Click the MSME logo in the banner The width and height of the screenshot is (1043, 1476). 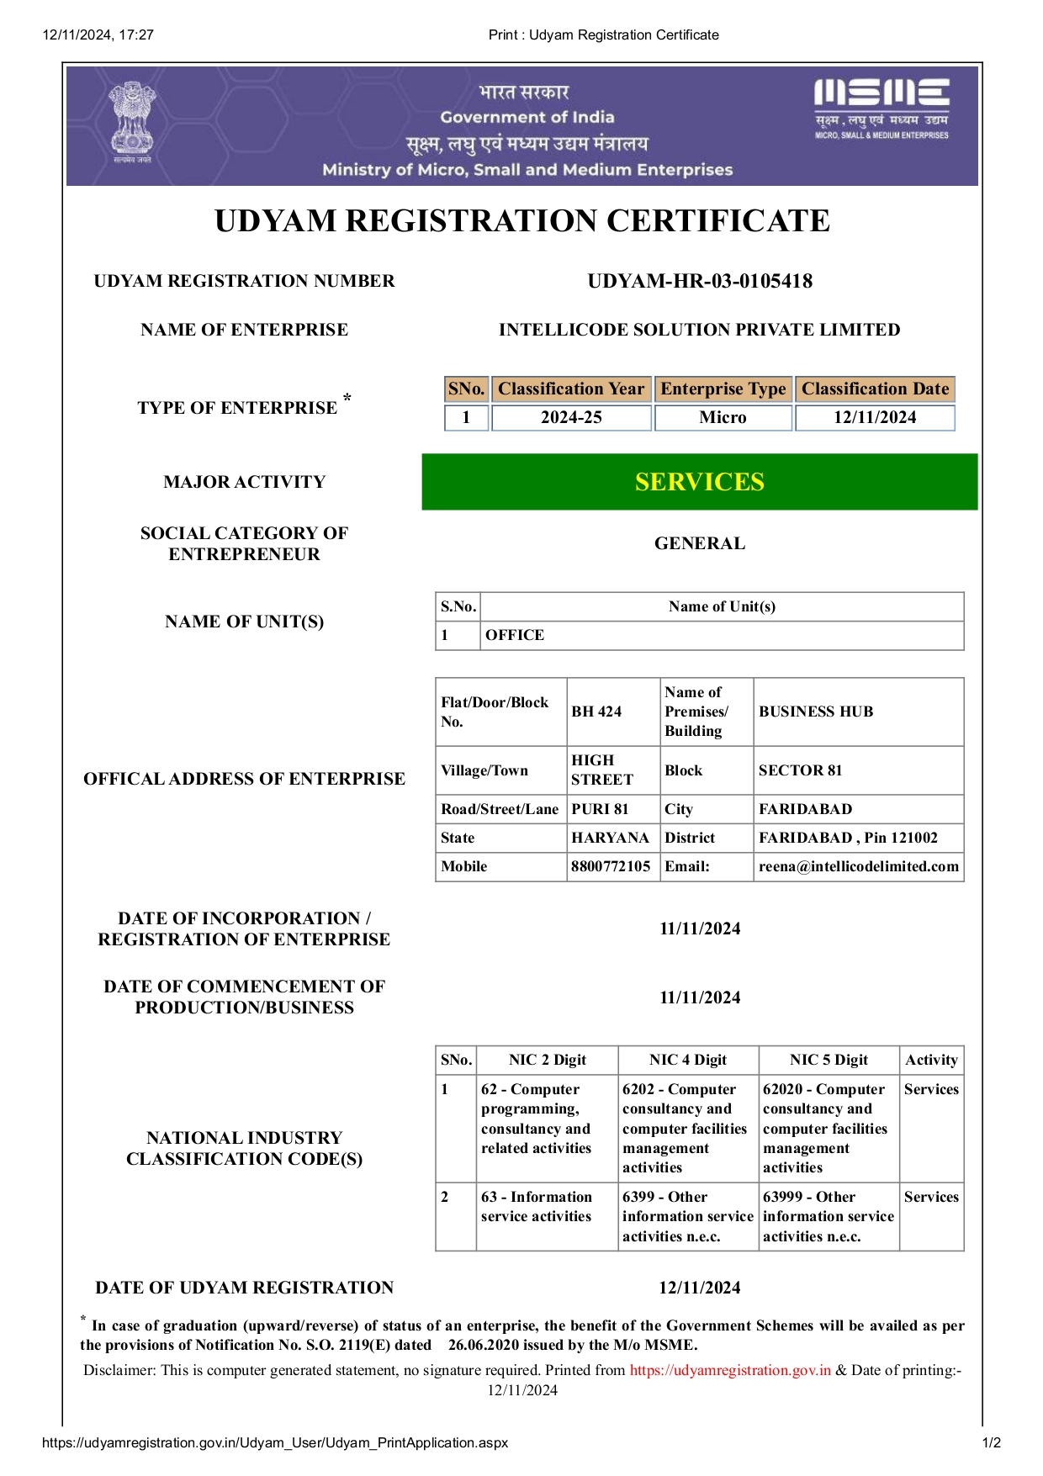[881, 108]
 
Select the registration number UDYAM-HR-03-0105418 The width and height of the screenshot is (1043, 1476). [700, 281]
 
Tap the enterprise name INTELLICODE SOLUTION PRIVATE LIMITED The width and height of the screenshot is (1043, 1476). [699, 330]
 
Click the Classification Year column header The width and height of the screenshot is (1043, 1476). [571, 389]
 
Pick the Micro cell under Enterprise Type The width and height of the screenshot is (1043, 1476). [723, 417]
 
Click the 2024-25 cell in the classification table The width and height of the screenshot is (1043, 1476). [571, 417]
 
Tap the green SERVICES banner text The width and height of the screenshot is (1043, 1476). [699, 482]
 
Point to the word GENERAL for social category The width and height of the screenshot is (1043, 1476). [699, 543]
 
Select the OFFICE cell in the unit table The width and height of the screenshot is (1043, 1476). [515, 635]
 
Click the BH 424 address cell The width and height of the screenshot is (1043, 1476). [596, 712]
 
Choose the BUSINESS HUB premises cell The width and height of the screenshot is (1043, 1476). [816, 712]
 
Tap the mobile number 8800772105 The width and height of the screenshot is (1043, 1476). [611, 866]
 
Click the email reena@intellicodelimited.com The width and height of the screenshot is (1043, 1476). [858, 866]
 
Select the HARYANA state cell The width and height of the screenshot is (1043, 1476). [610, 838]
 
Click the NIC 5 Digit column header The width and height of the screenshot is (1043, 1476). [829, 1060]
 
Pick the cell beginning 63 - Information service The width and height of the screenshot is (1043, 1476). [536, 1206]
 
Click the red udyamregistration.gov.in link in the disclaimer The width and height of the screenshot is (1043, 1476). [730, 1370]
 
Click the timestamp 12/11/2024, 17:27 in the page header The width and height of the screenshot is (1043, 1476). [98, 34]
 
